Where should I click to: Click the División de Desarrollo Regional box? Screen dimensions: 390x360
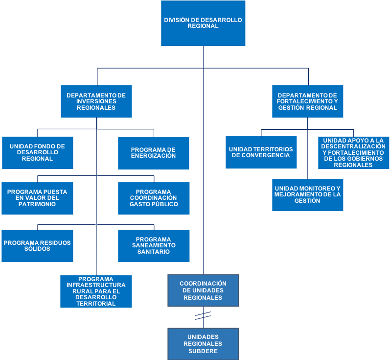pos(203,23)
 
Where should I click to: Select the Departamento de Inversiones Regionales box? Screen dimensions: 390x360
pos(96,101)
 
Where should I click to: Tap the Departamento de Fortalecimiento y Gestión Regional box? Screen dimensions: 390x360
pos(307,101)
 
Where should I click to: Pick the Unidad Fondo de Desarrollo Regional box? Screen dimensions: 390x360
pos(38,153)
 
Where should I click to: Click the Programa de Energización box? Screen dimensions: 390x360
pos(154,153)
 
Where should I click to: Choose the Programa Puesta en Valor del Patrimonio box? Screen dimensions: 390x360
pos(37,198)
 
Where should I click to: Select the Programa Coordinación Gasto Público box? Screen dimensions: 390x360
pos(154,198)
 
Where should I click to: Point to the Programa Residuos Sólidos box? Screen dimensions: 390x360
pos(37,246)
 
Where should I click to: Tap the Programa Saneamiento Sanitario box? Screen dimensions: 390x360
pos(154,246)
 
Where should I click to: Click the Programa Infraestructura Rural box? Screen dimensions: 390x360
pos(96,291)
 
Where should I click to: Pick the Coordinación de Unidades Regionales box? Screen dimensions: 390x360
pos(203,290)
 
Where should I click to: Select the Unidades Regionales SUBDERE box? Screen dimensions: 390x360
pos(203,344)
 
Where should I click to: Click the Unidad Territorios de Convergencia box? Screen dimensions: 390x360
pos(261,152)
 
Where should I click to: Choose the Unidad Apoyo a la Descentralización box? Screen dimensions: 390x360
pos(353,153)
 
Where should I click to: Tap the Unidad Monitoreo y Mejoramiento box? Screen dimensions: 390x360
pos(307,195)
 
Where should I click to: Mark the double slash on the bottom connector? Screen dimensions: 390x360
pos(203,316)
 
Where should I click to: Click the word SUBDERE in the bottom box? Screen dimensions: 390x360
pos(203,351)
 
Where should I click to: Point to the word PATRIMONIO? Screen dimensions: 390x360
pos(37,204)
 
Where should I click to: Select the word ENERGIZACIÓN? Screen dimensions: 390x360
pos(154,156)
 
